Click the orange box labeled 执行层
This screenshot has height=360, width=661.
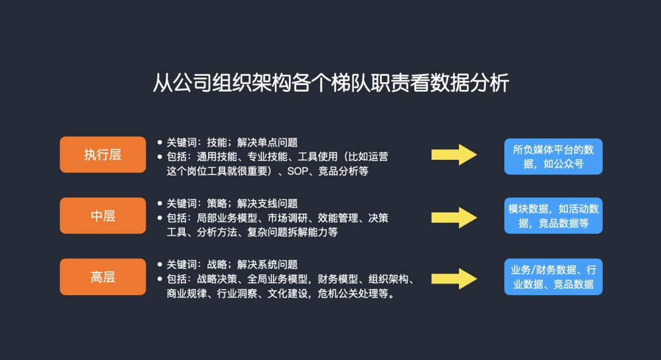click(103, 154)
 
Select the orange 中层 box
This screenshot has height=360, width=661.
click(103, 216)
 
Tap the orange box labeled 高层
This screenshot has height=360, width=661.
click(103, 277)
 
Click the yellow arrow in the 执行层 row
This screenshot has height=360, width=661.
click(454, 155)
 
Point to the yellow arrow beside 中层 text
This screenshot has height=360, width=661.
click(454, 217)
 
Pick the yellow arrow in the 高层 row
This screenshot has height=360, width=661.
click(454, 278)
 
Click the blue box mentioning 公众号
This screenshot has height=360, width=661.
click(553, 156)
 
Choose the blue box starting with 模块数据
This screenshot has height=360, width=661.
click(553, 216)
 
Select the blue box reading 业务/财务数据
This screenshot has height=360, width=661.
click(553, 277)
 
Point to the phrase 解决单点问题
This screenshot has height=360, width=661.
click(267, 143)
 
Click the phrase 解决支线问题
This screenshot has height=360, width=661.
click(267, 204)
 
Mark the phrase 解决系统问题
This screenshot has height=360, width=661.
click(267, 264)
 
